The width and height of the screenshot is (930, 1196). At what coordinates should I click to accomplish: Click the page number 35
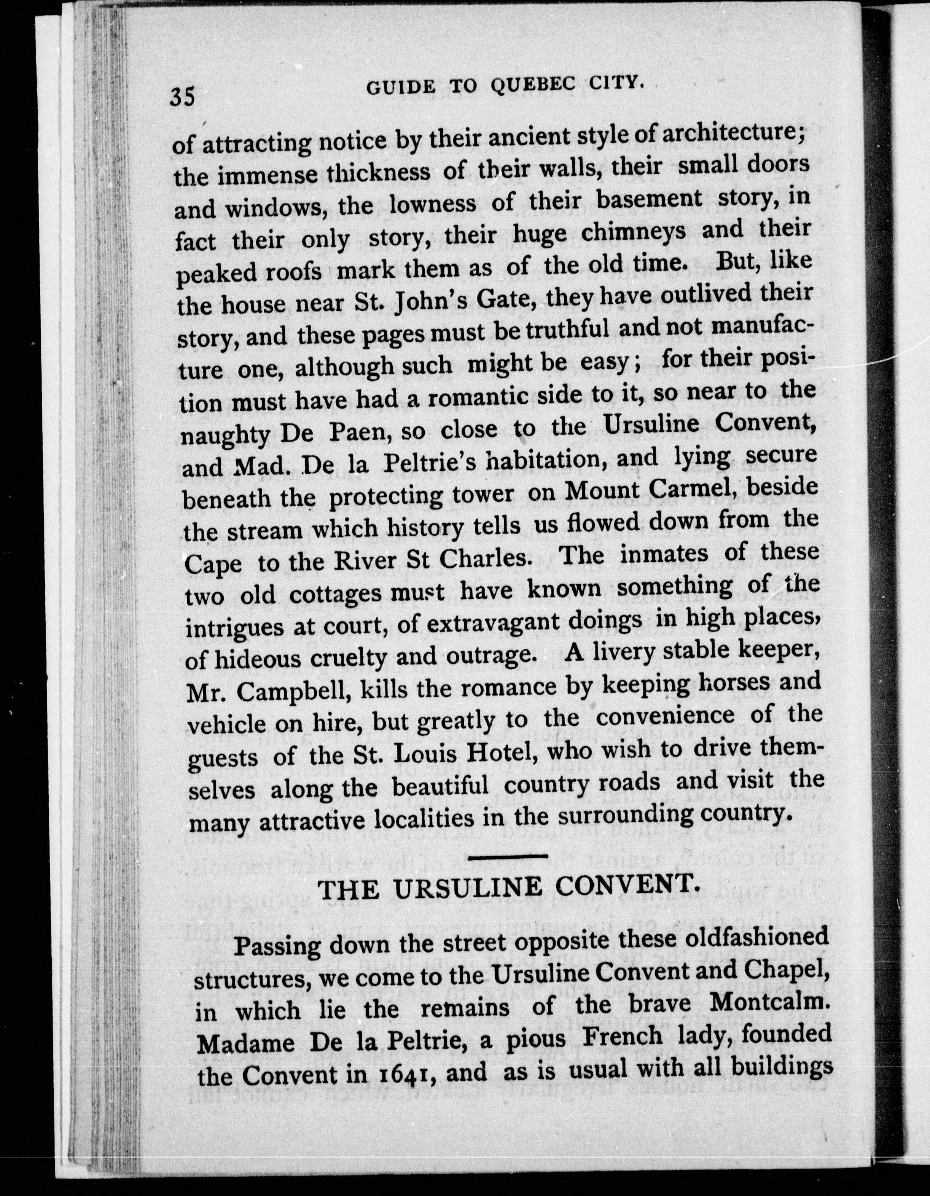(x=182, y=97)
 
